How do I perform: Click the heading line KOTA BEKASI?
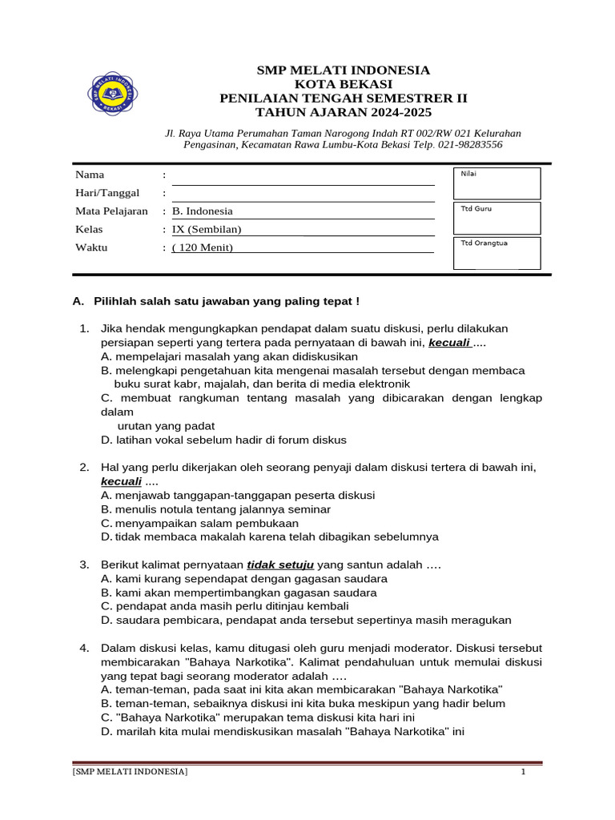(x=343, y=84)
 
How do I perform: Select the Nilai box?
(x=496, y=183)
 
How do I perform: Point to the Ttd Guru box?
(x=496, y=218)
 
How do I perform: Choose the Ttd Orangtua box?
(x=496, y=252)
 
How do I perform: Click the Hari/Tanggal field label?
(x=107, y=193)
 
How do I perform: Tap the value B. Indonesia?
(x=203, y=211)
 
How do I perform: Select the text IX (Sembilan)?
(x=207, y=230)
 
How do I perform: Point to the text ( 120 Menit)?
(x=203, y=247)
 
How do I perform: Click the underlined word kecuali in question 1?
(x=449, y=343)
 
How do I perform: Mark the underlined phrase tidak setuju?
(x=280, y=565)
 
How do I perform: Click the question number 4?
(x=83, y=648)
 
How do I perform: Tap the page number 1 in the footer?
(x=523, y=772)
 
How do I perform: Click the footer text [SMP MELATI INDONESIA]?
(x=131, y=772)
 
